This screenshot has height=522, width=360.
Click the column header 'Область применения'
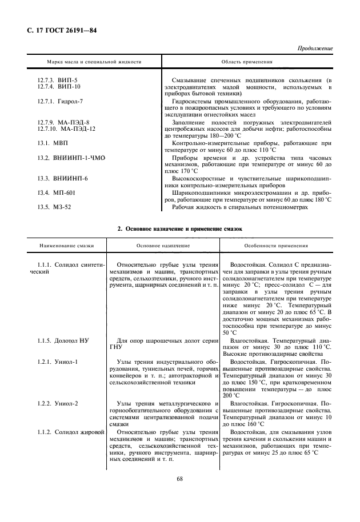246,61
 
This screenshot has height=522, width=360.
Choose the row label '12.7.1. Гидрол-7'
60,101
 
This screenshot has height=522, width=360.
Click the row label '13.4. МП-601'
56,193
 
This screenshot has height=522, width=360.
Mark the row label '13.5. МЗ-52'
54,207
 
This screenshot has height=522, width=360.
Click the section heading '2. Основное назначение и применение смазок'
179,228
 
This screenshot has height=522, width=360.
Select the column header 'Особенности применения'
276,246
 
